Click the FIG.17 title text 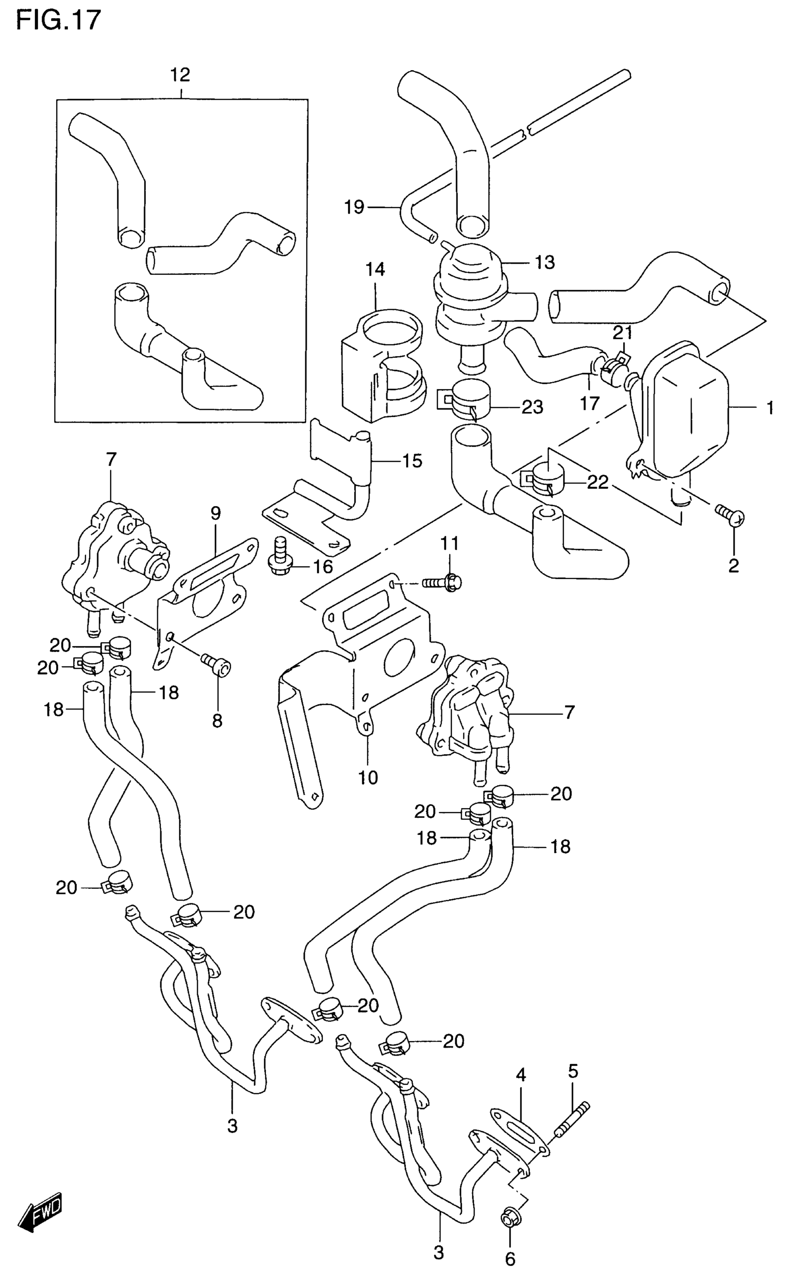click(x=58, y=21)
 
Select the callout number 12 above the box click(x=180, y=75)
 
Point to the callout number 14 click(x=375, y=269)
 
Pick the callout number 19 click(x=354, y=207)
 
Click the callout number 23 click(x=533, y=407)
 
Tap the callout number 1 click(x=770, y=408)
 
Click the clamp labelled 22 click(x=541, y=476)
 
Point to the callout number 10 click(x=368, y=777)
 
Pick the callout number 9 click(x=216, y=513)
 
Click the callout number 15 click(x=412, y=461)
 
